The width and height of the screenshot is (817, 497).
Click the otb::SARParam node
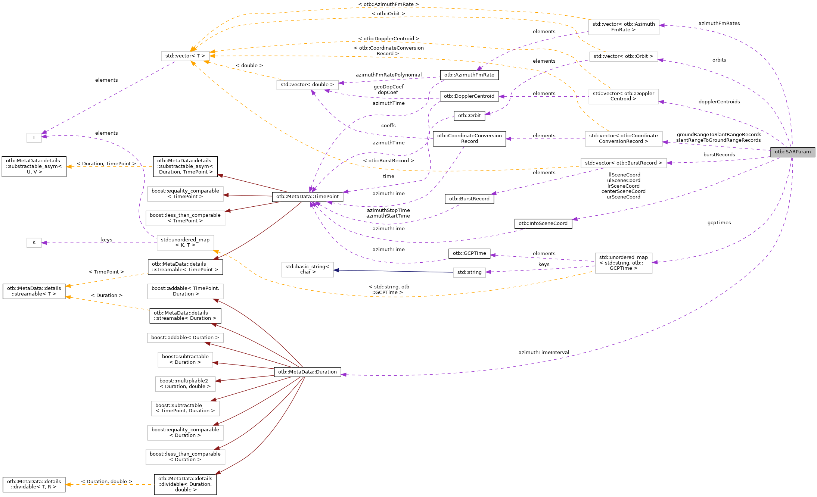pyautogui.click(x=792, y=152)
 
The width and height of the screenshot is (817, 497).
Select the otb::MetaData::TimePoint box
pyautogui.click(x=307, y=197)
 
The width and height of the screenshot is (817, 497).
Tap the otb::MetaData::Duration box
pyautogui.click(x=307, y=372)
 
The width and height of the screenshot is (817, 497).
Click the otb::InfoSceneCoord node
pyautogui.click(x=543, y=224)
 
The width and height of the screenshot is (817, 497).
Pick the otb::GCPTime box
pyautogui.click(x=469, y=253)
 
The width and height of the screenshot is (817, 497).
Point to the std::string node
pyautogui.click(x=469, y=272)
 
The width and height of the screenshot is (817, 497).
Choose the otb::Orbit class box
pyautogui.click(x=469, y=116)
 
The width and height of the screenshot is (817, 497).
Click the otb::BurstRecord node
pyautogui.click(x=469, y=199)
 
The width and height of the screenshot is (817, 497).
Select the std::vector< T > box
pyautogui.click(x=185, y=56)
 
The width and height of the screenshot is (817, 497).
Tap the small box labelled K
pyautogui.click(x=34, y=243)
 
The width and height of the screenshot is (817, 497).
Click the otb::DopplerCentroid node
pyautogui.click(x=469, y=96)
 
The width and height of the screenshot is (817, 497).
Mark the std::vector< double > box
pyautogui.click(x=307, y=85)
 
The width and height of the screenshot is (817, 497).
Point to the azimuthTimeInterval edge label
pyautogui.click(x=544, y=353)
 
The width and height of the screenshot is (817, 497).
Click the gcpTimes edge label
pyautogui.click(x=719, y=223)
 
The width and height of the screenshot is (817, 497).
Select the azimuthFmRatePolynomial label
pyautogui.click(x=388, y=75)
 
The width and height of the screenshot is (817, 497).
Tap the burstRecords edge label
pyautogui.click(x=719, y=155)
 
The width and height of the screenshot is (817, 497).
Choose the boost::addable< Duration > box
pyautogui.click(x=185, y=338)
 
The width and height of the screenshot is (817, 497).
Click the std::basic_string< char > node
pyautogui.click(x=307, y=269)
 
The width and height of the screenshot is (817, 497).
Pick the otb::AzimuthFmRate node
pyautogui.click(x=469, y=75)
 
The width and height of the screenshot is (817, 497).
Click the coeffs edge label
pyautogui.click(x=388, y=126)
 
